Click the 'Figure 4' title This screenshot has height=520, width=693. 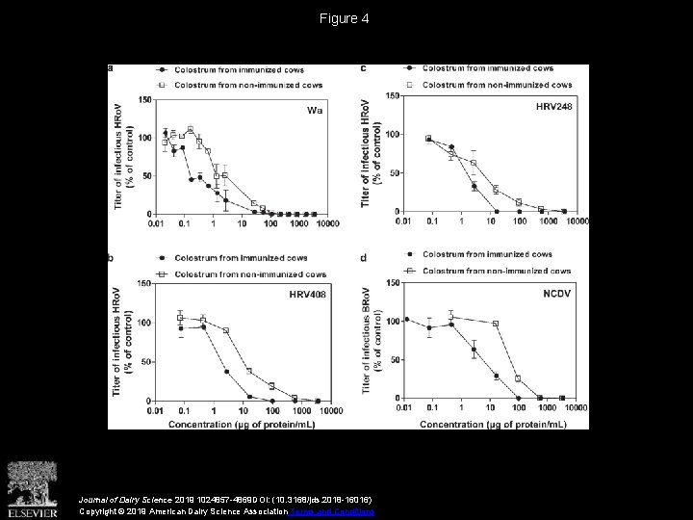pos(346,18)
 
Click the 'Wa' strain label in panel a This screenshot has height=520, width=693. pos(314,110)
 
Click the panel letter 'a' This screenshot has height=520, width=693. pos(110,68)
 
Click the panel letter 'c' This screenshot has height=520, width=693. pos(362,68)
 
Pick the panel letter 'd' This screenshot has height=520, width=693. pos(362,256)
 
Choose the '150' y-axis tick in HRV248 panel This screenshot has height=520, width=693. pos(393,95)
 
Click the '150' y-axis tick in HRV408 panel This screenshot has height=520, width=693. pos(143,283)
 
